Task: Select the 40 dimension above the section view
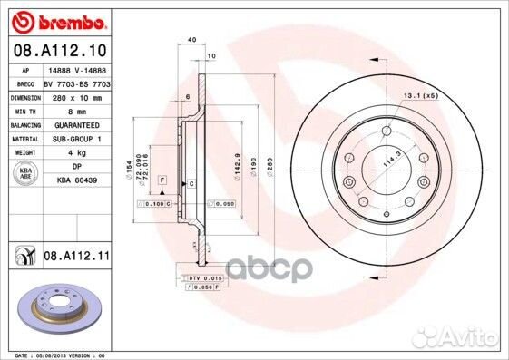[x=191, y=41]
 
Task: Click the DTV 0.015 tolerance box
[x=201, y=277]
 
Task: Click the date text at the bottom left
[x=55, y=355]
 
